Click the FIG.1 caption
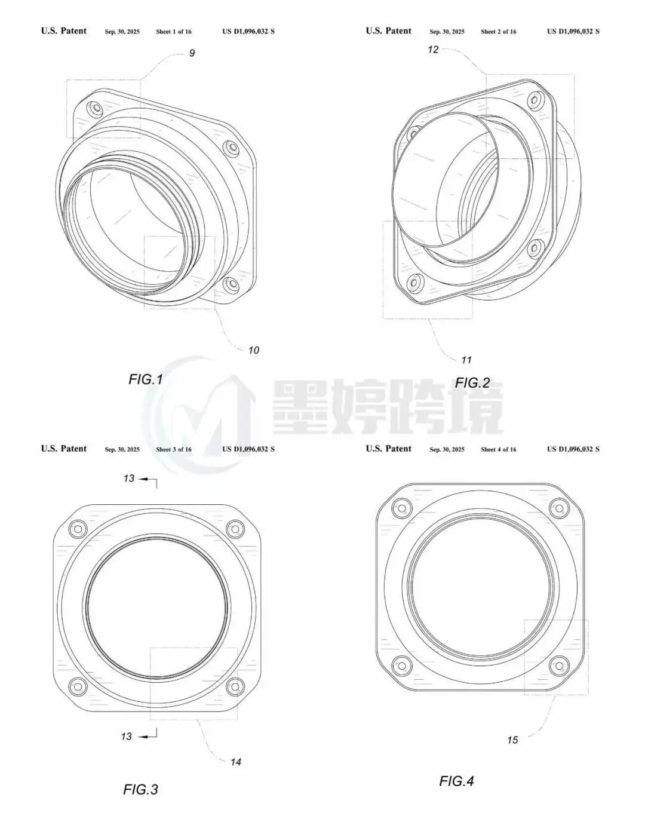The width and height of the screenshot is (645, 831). [146, 379]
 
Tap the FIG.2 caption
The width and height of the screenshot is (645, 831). [472, 383]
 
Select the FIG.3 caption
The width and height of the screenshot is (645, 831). [140, 789]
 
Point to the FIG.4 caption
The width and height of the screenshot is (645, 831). [456, 781]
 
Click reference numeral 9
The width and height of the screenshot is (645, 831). [192, 53]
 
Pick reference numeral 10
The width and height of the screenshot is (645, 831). [253, 350]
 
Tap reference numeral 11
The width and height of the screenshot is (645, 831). [466, 360]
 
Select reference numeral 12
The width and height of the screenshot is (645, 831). [433, 50]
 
